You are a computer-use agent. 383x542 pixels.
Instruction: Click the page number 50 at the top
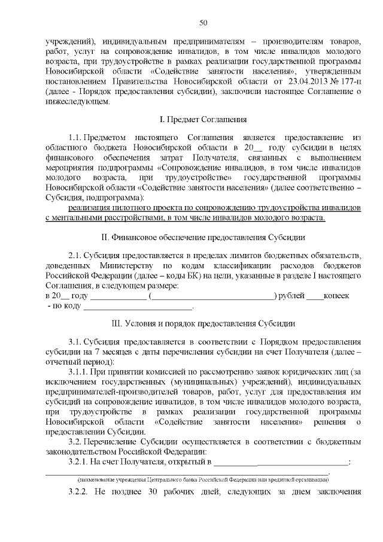tap(203, 23)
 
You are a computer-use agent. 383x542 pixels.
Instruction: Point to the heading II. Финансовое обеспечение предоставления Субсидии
tap(203, 237)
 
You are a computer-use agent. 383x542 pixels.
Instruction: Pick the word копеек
tap(338, 295)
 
